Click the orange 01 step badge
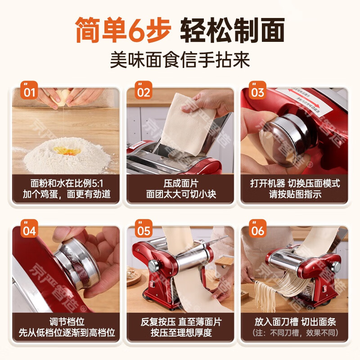(x=30, y=92)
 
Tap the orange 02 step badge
(x=144, y=92)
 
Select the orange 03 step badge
(x=258, y=92)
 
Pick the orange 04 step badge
(x=30, y=230)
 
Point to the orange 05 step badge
(x=144, y=230)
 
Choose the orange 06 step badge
(x=258, y=230)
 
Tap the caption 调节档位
(x=67, y=322)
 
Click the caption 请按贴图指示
(x=295, y=195)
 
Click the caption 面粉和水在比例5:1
(x=67, y=184)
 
